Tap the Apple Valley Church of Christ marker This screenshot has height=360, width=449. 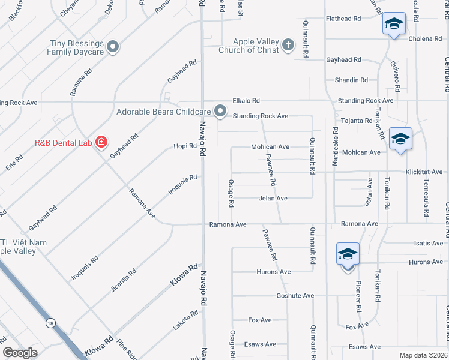coord(288,44)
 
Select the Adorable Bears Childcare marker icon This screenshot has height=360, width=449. coord(220,110)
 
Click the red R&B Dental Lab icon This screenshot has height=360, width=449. coord(101,142)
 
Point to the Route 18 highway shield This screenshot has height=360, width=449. coord(50,323)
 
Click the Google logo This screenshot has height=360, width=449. coord(20,353)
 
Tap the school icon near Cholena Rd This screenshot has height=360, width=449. coord(393,25)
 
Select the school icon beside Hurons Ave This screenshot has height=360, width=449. coord(348,254)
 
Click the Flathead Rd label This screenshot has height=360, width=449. coord(343,19)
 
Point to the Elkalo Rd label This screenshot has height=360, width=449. coord(246,101)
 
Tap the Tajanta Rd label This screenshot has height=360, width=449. coord(357,121)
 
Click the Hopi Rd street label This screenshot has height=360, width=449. coord(185,146)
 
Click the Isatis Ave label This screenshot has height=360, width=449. coord(429,243)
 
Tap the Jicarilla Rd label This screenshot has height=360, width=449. coord(125,280)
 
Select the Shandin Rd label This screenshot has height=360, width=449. coord(351,80)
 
